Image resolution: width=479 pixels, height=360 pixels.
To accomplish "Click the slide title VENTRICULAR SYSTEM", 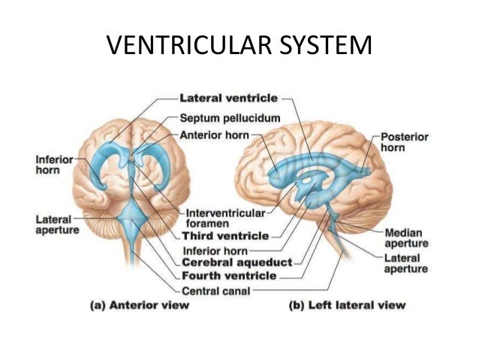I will point(239,47).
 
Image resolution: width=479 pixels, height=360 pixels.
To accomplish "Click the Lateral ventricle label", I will point(228,98).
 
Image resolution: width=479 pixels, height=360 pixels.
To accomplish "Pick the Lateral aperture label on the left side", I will point(57,224).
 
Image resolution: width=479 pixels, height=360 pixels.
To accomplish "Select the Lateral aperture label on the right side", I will point(405,263).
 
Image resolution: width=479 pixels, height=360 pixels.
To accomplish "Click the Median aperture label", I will point(405,238).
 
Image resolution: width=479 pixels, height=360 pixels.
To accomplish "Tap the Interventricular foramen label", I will point(224,217).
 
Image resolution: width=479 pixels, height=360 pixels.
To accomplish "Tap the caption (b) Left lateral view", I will point(346,305).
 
